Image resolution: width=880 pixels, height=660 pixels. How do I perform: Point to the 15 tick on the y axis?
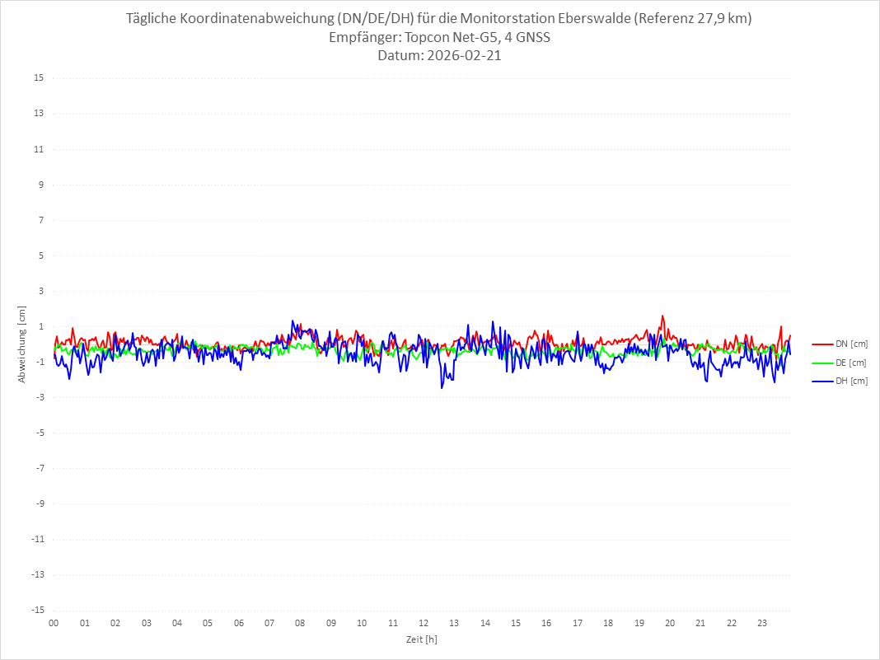point(39,78)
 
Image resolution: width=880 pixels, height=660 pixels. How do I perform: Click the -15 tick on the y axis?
point(37,610)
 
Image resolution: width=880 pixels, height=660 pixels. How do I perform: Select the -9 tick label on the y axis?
point(39,503)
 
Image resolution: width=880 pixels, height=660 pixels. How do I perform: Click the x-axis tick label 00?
point(54,623)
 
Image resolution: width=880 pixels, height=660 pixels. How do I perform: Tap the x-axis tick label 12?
point(424,623)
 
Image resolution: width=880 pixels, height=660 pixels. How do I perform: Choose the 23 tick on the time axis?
point(762,623)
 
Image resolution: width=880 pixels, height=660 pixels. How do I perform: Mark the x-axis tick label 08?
point(300,623)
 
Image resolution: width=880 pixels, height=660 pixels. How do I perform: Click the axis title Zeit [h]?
point(422,639)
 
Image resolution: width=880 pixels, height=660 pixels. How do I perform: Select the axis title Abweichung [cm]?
point(22,344)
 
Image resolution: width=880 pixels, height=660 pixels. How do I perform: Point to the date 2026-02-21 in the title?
point(462,56)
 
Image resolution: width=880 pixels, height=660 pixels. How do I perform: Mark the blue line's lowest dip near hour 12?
point(442,387)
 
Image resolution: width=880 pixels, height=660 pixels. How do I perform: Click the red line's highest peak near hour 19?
point(662,316)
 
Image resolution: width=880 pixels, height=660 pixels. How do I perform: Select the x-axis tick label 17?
point(578,623)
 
